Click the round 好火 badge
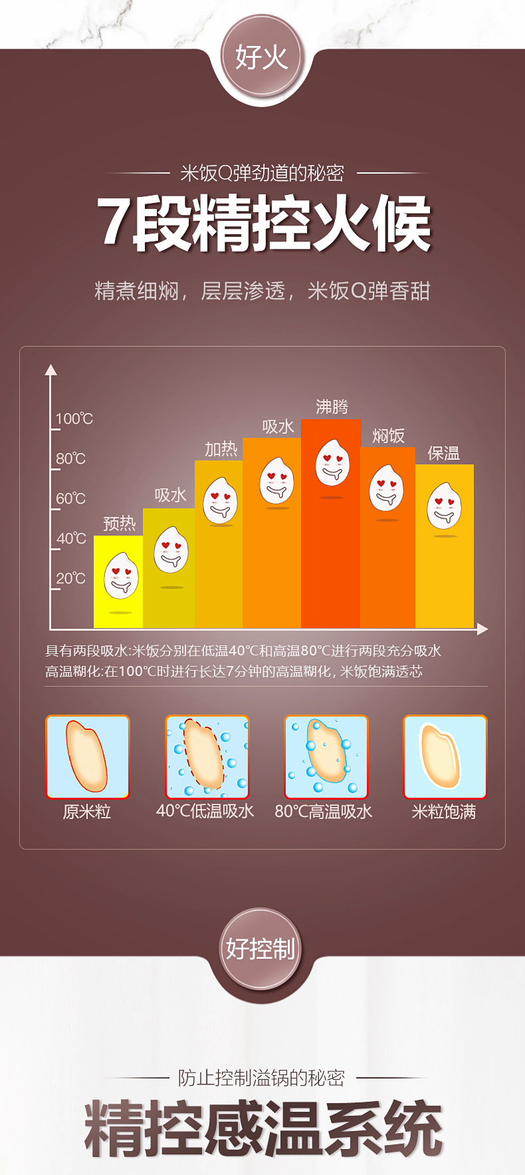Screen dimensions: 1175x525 pyautogui.click(x=261, y=57)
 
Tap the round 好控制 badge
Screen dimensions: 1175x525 pyautogui.click(x=261, y=949)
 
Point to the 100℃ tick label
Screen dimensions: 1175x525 pyautogui.click(x=74, y=419)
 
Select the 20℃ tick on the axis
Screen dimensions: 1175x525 pyautogui.click(x=70, y=578)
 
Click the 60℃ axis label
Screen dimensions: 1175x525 pyautogui.click(x=70, y=498)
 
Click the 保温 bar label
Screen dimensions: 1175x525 pyautogui.click(x=444, y=453)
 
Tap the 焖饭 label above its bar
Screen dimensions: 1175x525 pyautogui.click(x=388, y=436)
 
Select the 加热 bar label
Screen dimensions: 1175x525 pyautogui.click(x=221, y=449)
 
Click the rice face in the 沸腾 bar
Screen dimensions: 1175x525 pyautogui.click(x=332, y=463)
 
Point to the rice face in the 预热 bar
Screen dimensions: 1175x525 pyautogui.click(x=121, y=576)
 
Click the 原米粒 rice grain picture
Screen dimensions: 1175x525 pyautogui.click(x=87, y=756)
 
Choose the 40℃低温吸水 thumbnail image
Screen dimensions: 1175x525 pyautogui.click(x=207, y=756)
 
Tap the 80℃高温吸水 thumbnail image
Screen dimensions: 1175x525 pyautogui.click(x=326, y=756)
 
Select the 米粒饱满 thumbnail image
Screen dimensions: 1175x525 pyautogui.click(x=445, y=756)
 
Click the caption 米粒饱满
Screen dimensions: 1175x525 pyautogui.click(x=444, y=812)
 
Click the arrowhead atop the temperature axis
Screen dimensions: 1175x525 pyautogui.click(x=51, y=370)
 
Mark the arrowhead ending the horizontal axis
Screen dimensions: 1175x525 pyautogui.click(x=482, y=629)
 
